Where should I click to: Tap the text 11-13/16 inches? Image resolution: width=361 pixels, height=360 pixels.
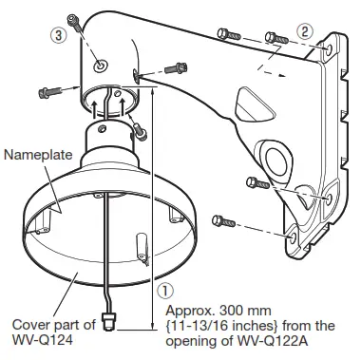pos(223,326)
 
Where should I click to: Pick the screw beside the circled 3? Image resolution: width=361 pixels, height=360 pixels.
pos(72,22)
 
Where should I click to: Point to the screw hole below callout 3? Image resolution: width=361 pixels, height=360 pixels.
pos(100,66)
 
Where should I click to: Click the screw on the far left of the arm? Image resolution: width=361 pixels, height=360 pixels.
pos(47,93)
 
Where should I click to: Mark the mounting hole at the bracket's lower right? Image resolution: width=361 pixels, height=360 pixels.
pos(327,198)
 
